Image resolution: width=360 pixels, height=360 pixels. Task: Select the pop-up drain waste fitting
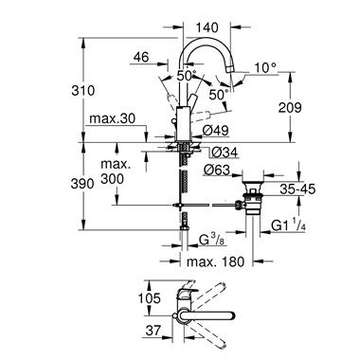[x=253, y=194]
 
